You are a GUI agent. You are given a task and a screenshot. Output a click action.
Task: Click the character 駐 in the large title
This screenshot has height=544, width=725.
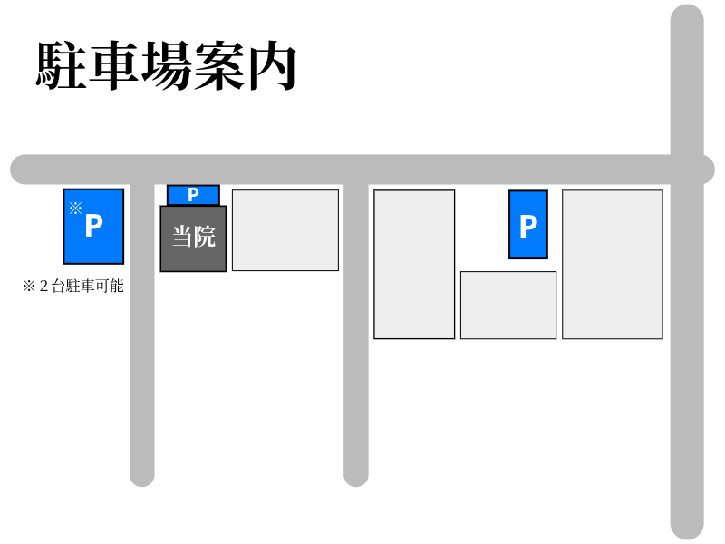[x=62, y=65]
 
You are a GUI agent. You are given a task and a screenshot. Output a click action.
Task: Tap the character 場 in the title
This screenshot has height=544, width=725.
[x=167, y=65]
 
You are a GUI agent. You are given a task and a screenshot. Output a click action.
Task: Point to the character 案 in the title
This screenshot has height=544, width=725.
[x=219, y=65]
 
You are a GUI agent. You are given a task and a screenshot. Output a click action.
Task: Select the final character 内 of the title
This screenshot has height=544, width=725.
[x=272, y=65]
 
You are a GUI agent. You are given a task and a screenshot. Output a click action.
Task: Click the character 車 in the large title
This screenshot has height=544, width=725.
[x=114, y=65]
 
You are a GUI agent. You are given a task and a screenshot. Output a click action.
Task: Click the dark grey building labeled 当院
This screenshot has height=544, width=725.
[x=193, y=238]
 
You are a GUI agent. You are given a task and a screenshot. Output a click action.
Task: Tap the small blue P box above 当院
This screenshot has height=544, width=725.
[x=193, y=195]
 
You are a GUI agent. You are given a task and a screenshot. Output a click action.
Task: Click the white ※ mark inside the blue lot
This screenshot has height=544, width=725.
[x=75, y=208]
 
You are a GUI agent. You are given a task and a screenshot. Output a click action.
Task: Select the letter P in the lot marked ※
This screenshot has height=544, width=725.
[x=93, y=227]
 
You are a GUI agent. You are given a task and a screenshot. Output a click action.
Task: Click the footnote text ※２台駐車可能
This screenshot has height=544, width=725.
[x=73, y=287]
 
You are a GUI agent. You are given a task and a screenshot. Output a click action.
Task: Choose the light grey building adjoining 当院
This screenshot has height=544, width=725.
[x=285, y=230]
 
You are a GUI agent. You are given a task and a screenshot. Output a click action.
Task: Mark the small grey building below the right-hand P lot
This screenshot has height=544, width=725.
[x=508, y=306]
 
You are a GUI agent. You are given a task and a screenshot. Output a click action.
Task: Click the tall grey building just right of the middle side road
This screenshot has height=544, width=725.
[x=414, y=264]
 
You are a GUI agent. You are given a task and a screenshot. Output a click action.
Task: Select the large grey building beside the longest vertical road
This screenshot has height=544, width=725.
[x=613, y=264]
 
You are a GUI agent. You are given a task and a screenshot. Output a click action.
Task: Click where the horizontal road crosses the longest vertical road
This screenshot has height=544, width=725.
[x=687, y=170]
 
